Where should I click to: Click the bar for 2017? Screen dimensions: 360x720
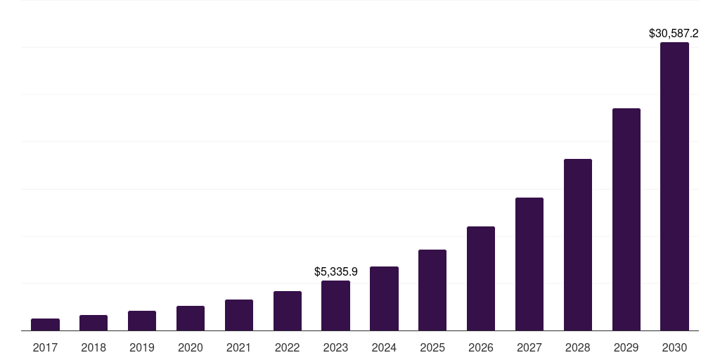coord(45,324)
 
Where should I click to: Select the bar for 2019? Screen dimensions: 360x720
coord(142,321)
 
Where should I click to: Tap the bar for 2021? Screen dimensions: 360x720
coord(239,315)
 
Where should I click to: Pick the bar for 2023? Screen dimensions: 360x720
coord(335,306)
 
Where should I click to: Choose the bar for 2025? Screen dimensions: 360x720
coord(432,290)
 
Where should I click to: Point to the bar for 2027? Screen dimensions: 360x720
coord(529,264)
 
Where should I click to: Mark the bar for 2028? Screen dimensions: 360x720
coord(578,245)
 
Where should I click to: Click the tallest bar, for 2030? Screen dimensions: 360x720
coord(674,186)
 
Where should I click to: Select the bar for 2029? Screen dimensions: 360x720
coord(626,219)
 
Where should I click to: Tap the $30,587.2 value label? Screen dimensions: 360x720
coord(674,33)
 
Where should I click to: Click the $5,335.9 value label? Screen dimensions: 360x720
coord(336,271)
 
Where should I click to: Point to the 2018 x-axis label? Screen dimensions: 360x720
coord(94,347)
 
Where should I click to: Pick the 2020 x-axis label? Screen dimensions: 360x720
coord(191,347)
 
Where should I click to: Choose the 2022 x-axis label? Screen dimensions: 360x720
coord(287,347)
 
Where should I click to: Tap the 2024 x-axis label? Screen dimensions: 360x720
coord(384,347)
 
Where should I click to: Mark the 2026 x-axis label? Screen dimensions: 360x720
coord(481,347)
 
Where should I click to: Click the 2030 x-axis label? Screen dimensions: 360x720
coord(674,347)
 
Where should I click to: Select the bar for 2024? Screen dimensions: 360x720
coord(384,299)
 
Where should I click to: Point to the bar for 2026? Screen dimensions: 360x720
coord(481,278)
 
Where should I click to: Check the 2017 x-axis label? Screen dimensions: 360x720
coord(45,347)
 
